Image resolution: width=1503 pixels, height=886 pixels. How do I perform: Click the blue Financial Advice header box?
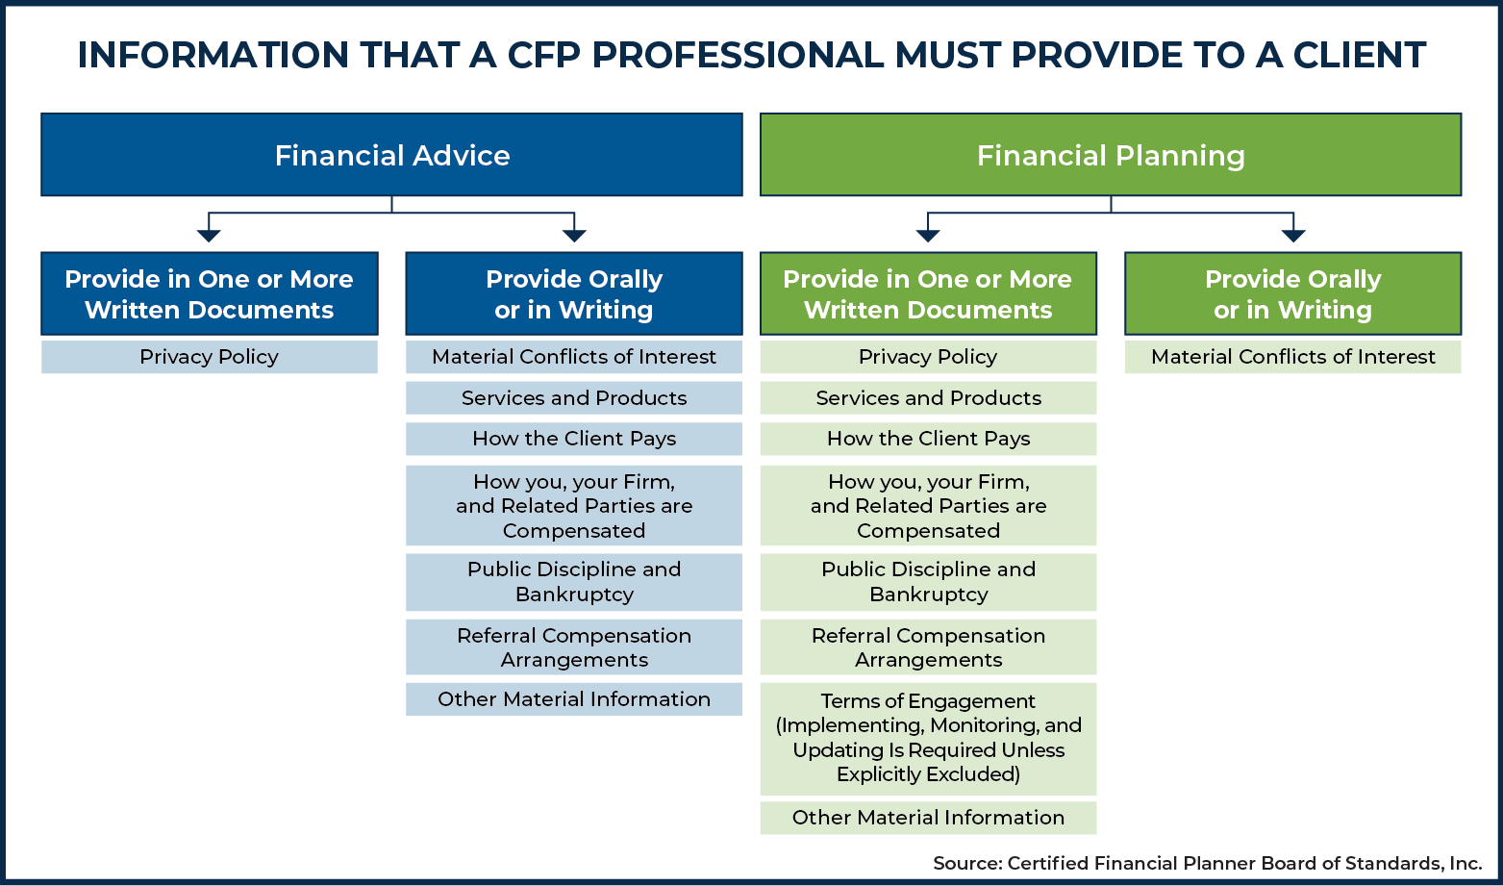391,154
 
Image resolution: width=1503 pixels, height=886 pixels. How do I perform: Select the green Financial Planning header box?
1111,154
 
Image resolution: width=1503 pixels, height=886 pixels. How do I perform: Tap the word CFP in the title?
543,55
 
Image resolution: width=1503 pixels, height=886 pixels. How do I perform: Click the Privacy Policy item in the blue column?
210,356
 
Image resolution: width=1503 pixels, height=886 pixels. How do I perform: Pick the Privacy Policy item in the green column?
928,356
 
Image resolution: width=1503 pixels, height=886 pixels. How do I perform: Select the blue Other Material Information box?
574,698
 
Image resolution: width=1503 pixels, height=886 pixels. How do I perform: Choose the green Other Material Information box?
928,818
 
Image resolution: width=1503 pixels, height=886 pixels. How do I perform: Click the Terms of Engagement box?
928,739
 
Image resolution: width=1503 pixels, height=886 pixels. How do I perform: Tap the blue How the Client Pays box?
574,439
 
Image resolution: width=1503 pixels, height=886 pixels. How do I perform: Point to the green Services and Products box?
928,397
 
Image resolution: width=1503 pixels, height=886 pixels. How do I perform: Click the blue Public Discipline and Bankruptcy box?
574,582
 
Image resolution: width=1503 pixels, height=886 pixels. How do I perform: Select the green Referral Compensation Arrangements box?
928,647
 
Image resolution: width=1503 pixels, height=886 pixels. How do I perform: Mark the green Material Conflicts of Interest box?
1293,356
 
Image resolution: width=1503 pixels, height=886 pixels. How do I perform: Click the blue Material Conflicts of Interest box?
574,356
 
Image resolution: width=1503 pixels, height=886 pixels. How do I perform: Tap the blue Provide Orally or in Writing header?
574,293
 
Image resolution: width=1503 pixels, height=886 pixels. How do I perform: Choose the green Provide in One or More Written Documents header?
928,293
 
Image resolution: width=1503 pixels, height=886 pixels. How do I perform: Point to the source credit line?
1207,863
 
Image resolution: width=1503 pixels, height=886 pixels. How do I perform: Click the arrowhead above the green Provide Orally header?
1293,235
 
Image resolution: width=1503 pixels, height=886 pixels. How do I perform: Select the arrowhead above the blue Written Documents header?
210,235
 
